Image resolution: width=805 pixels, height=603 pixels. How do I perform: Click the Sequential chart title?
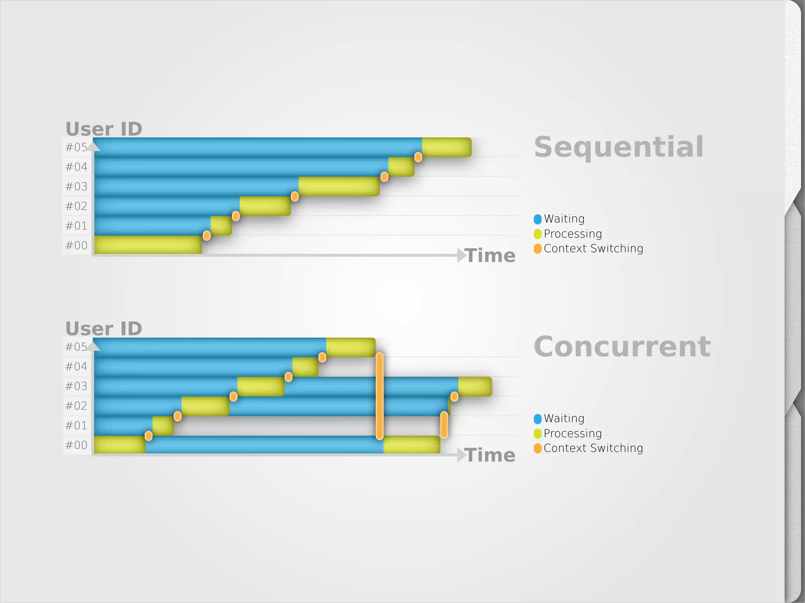619,147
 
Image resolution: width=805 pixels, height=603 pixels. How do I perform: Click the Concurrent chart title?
622,347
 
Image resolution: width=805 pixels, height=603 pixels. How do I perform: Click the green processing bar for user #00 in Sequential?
148,245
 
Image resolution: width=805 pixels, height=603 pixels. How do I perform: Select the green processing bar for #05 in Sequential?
447,147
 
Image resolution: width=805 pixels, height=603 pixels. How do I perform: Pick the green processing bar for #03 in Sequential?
339,186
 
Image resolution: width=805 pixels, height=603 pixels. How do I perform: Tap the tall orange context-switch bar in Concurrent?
380,396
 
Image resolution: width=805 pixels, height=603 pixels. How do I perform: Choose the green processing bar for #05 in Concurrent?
351,347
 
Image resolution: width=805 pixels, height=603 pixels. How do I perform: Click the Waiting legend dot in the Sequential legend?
538,219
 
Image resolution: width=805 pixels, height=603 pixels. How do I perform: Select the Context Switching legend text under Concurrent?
593,448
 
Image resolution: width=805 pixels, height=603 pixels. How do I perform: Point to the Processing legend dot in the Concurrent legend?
538,433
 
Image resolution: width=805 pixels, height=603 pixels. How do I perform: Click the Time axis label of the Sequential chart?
490,256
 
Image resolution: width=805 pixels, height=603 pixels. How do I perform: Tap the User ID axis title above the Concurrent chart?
104,328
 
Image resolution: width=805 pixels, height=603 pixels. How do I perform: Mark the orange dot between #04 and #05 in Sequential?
418,157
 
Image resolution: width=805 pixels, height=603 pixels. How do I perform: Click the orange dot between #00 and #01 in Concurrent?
149,435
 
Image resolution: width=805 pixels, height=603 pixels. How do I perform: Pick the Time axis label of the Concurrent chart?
490,455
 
